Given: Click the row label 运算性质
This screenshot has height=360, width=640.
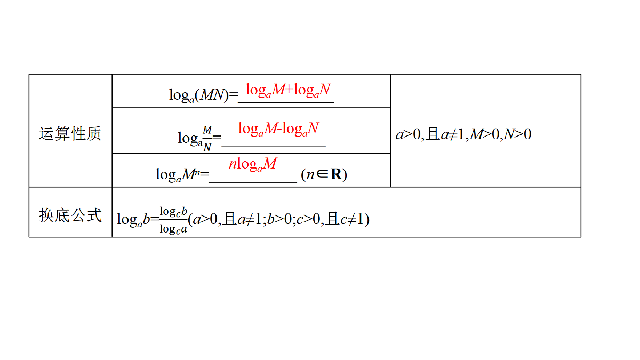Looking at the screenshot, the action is click(70, 134).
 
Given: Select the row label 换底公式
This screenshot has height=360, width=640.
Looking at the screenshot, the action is click(70, 215).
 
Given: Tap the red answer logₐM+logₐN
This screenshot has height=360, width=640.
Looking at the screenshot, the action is click(288, 91).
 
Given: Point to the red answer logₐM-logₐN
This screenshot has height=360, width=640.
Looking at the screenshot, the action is click(278, 129).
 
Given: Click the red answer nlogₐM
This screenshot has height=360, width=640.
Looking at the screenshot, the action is click(253, 165).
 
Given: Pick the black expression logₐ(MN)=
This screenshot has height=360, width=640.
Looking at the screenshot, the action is click(203, 95).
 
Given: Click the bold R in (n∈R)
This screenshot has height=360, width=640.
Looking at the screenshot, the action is click(336, 174).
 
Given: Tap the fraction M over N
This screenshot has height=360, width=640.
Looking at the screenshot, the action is click(207, 139).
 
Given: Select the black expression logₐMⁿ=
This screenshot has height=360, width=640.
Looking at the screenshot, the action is click(182, 174).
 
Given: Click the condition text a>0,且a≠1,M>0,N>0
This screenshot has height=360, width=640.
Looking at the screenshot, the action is click(463, 134).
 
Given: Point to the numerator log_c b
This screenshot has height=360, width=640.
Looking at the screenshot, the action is click(173, 212).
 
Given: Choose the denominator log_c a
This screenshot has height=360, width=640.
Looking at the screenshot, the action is click(173, 229).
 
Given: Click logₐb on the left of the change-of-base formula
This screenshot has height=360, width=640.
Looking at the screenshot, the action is click(133, 220).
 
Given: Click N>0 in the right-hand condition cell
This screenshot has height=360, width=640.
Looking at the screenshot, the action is click(517, 134).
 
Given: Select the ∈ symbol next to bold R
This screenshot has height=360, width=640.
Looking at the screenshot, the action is click(322, 174).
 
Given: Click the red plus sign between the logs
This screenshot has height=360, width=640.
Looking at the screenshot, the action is click(289, 90).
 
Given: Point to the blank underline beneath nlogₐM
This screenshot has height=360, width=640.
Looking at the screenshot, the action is click(253, 182).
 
